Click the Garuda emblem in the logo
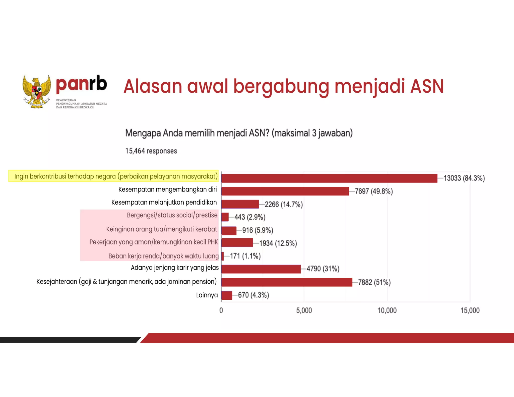point(37,92)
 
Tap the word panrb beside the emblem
point(82,84)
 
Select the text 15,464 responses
point(151,151)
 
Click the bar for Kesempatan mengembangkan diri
point(285,191)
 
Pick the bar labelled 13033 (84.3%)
point(329,178)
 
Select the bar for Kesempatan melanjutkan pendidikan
point(240,204)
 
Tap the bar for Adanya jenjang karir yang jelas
point(261,269)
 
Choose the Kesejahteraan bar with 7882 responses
point(287,282)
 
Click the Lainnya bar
point(227,295)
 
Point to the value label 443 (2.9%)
point(250,217)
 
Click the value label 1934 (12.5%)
point(278,243)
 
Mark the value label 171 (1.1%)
point(245,256)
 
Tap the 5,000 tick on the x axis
point(304,311)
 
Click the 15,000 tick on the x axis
point(470,311)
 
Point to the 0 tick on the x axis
point(221,311)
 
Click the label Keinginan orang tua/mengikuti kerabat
point(161,229)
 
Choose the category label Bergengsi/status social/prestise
point(172,215)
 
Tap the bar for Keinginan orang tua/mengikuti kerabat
point(229,231)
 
